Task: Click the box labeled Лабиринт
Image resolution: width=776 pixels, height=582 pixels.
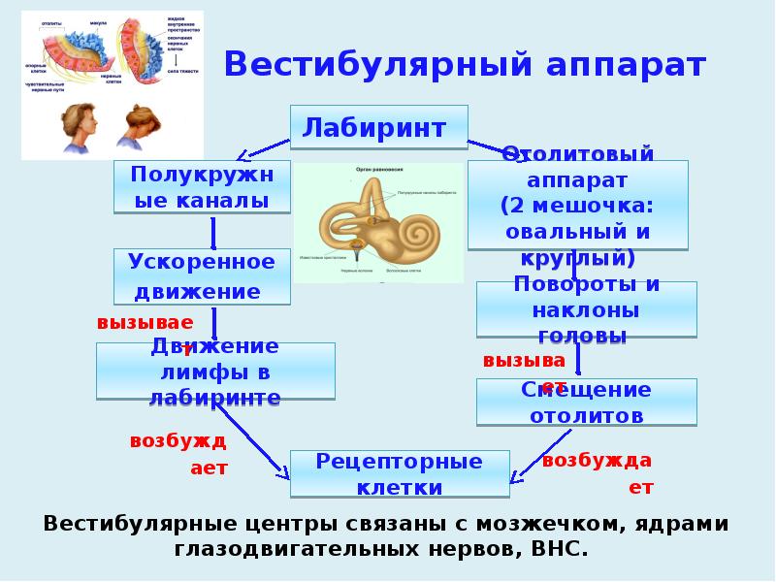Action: pos(378,127)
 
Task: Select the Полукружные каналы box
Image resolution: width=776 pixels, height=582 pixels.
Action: pos(203,187)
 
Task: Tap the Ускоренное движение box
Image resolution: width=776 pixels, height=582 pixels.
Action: pos(202,276)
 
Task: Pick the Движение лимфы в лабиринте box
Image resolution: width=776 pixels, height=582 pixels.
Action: pos(215,372)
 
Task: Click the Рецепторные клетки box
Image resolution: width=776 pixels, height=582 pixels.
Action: pos(399,473)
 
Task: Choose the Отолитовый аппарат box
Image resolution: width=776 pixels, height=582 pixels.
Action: pos(577,205)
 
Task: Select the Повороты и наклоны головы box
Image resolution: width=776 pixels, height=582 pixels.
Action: pos(586,310)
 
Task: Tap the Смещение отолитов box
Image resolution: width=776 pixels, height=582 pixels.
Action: pos(586,403)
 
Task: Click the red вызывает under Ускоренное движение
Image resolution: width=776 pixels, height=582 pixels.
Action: pos(145,323)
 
